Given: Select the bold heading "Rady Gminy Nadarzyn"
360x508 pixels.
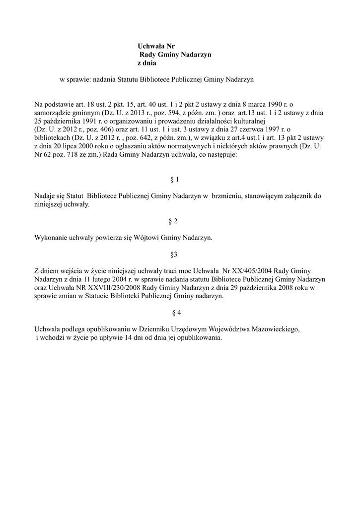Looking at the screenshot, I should click(175, 55).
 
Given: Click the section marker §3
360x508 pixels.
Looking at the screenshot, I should click(174, 254).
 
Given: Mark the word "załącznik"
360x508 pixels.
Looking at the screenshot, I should click(297, 195).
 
